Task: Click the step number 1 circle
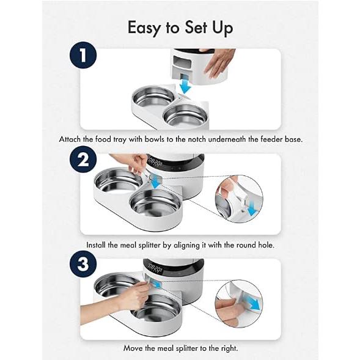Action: pyautogui.click(x=83, y=55)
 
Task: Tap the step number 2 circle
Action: pyautogui.click(x=83, y=160)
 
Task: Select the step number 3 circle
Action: pyautogui.click(x=83, y=264)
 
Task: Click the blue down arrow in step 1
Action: pyautogui.click(x=185, y=86)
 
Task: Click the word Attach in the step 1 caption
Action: pyautogui.click(x=70, y=139)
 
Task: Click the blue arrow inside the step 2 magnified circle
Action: pyautogui.click(x=252, y=208)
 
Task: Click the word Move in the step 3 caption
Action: pyautogui.click(x=133, y=348)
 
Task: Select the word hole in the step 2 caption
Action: pyautogui.click(x=266, y=245)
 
